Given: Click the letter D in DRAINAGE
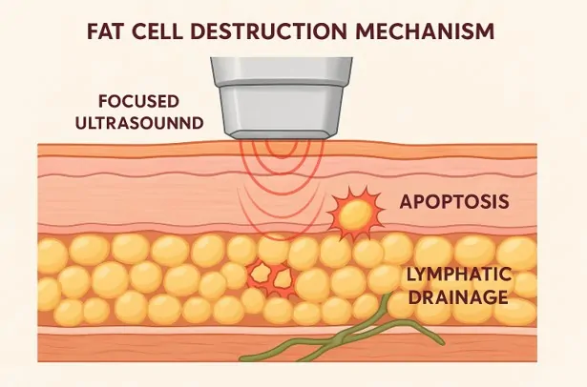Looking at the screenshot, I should [x=413, y=296].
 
